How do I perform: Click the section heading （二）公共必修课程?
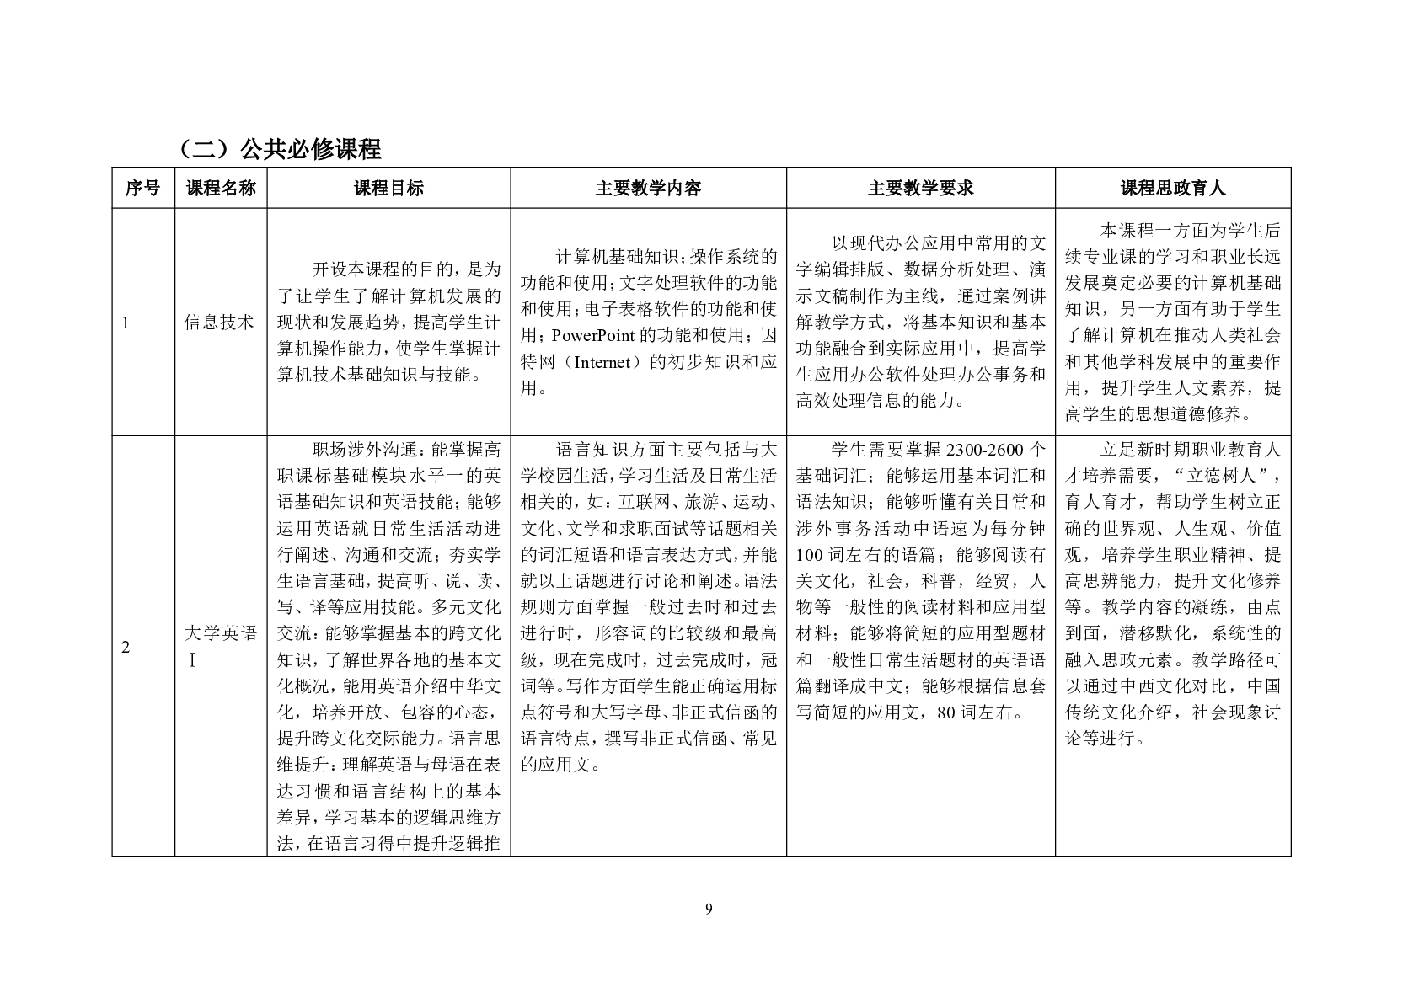coord(279,149)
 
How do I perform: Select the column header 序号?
coord(142,188)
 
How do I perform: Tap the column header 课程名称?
coord(221,188)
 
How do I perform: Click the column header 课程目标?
coord(388,188)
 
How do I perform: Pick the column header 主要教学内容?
coord(648,188)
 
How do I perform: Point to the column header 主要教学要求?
coord(920,188)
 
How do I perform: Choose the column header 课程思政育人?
coord(1172,188)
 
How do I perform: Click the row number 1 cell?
coord(126,322)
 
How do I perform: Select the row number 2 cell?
coord(126,647)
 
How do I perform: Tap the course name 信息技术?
coord(219,322)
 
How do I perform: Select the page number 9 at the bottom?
coord(709,908)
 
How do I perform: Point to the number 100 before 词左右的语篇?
coord(810,555)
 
